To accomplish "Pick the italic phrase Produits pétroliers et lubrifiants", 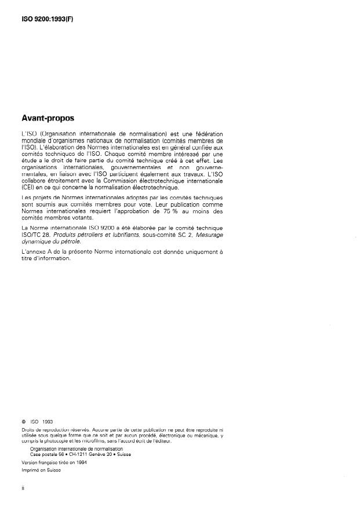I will (99, 236).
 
